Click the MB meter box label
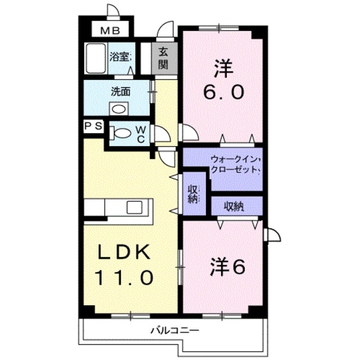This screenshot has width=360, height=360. pos(110,30)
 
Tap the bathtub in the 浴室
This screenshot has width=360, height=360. pos(96,58)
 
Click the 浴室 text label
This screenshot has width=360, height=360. pos(120,57)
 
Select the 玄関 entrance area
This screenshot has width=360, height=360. pos(164,58)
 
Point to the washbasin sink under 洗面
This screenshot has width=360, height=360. pos(119,109)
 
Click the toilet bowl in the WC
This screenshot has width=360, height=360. pos(120,133)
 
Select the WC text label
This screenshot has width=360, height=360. pos(141,134)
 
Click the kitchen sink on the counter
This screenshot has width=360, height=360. pos(134,208)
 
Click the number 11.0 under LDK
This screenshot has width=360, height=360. pos(124,277)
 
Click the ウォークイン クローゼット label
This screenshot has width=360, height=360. pos(236,164)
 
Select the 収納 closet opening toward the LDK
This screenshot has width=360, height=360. pos(194,194)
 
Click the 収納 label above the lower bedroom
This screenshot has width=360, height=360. pos(234,206)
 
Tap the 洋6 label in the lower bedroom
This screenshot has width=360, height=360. pos(227,267)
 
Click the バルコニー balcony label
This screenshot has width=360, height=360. pos(175,331)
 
